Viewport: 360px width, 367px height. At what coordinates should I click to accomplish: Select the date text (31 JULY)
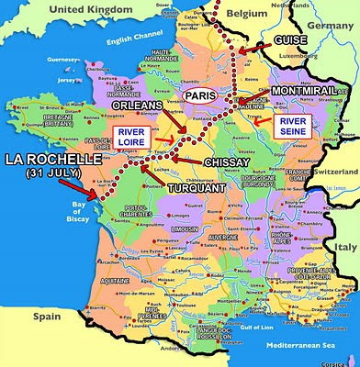pyautogui.click(x=54, y=172)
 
